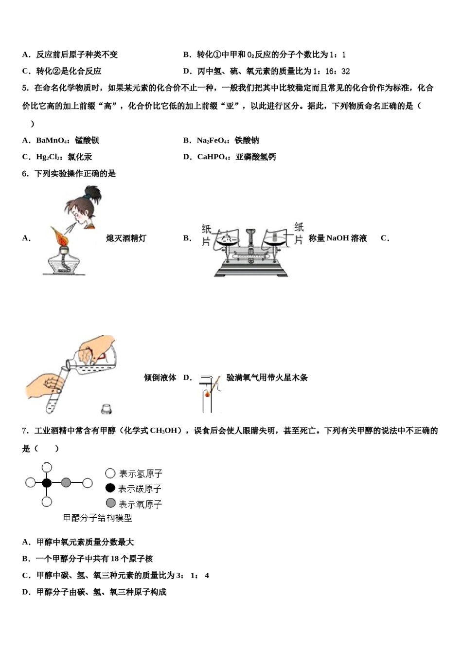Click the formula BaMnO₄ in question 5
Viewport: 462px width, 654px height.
coord(53,141)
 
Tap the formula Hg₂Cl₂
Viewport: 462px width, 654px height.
coord(50,157)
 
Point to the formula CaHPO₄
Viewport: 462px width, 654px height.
coord(213,157)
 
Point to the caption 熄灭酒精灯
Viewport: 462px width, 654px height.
coord(126,238)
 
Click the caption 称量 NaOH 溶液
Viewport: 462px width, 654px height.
coord(338,238)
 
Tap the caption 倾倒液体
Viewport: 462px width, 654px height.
coord(160,378)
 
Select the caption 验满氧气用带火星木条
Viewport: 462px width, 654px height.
coord(267,378)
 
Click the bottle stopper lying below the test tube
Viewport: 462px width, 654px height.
coord(106,408)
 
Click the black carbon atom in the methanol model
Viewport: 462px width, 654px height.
coord(47,483)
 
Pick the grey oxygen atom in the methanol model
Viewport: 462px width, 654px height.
coord(66,483)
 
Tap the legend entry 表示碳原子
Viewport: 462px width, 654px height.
coord(133,489)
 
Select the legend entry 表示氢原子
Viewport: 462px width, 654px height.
coord(134,473)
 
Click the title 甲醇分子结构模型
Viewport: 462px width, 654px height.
coord(97,518)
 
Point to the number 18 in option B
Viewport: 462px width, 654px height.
coord(114,559)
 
